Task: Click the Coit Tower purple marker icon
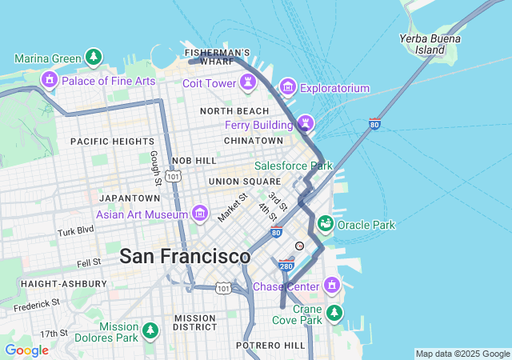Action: (x=248, y=82)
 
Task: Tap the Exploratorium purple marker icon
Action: (x=288, y=87)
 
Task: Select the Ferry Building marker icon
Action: (x=305, y=124)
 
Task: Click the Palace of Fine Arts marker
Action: (x=50, y=79)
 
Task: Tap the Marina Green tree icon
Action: (x=94, y=58)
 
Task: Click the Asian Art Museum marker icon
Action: (x=199, y=214)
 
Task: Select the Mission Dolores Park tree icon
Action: (x=150, y=330)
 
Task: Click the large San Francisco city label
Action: (x=185, y=256)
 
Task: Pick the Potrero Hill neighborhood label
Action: (x=270, y=345)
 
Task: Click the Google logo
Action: (x=26, y=350)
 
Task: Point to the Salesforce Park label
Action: (x=293, y=166)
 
